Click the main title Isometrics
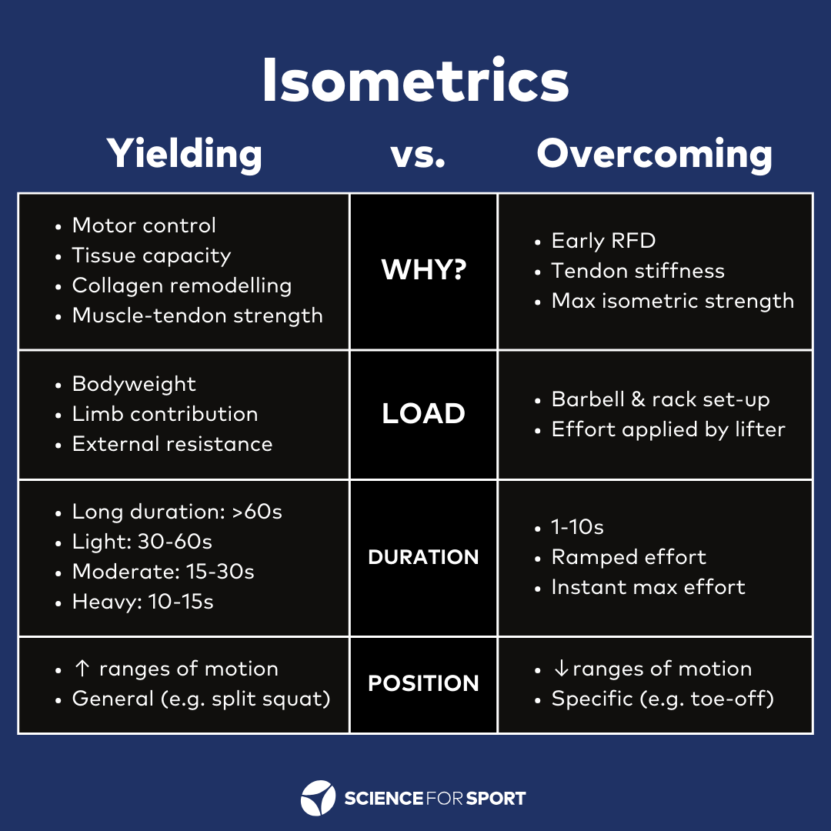tap(415, 82)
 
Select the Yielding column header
tap(185, 154)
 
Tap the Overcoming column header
tap(655, 154)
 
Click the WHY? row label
tap(423, 271)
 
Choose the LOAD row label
tap(423, 414)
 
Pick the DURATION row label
tap(423, 557)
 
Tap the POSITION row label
tap(423, 683)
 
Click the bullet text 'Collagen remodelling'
tap(182, 285)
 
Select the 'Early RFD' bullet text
tap(603, 241)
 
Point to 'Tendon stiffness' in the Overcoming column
tap(638, 271)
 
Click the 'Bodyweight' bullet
tap(134, 384)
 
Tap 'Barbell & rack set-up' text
tap(660, 399)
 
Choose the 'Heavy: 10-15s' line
tap(142, 602)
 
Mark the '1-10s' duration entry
tap(577, 527)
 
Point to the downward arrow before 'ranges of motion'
tap(560, 669)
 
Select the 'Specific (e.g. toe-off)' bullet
tap(662, 699)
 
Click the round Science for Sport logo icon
tap(318, 798)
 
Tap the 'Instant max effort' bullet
tap(648, 587)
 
